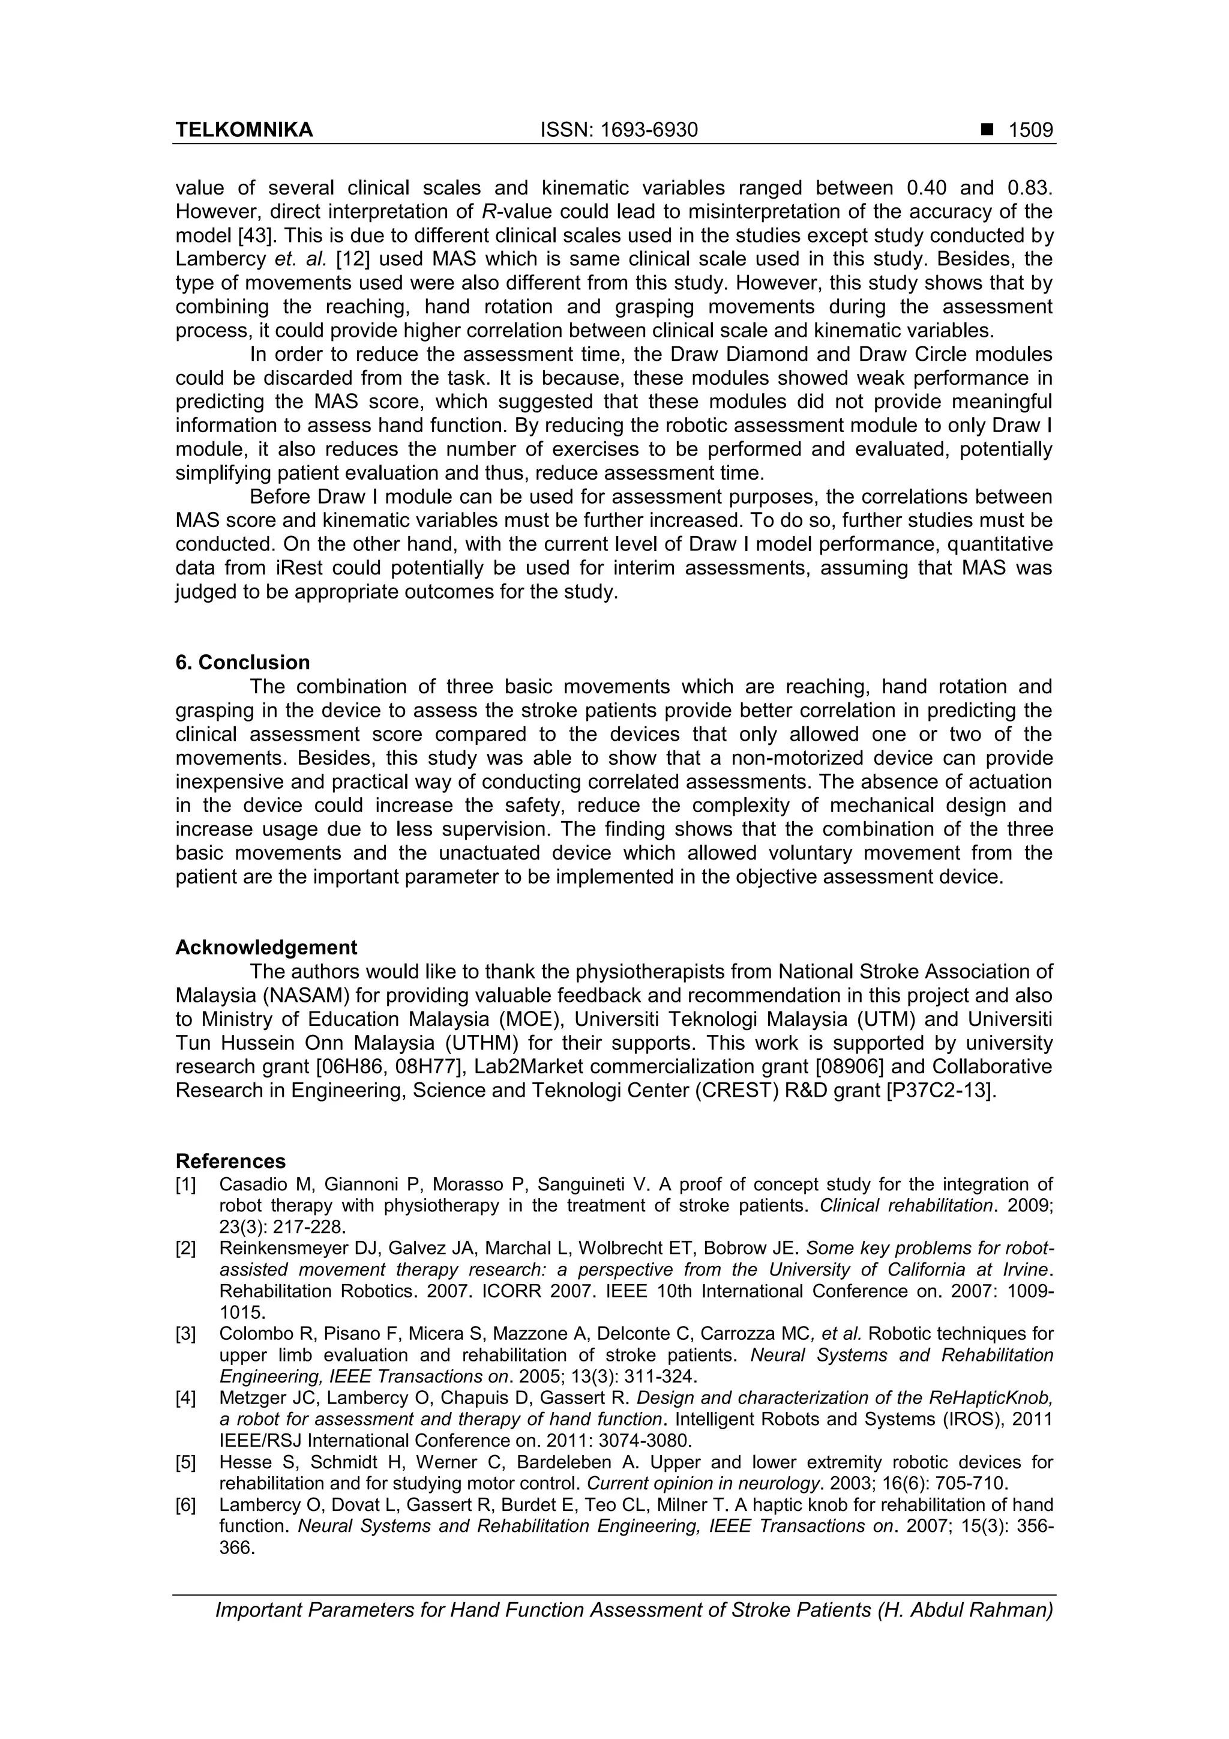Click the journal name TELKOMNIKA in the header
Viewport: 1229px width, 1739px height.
[x=244, y=130]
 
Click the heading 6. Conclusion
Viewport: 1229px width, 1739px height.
[x=242, y=663]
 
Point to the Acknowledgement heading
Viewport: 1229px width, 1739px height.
[x=266, y=947]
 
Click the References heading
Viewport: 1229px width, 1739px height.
[x=230, y=1161]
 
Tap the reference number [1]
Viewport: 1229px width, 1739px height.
[x=185, y=1184]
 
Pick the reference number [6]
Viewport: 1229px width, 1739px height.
[x=185, y=1504]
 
